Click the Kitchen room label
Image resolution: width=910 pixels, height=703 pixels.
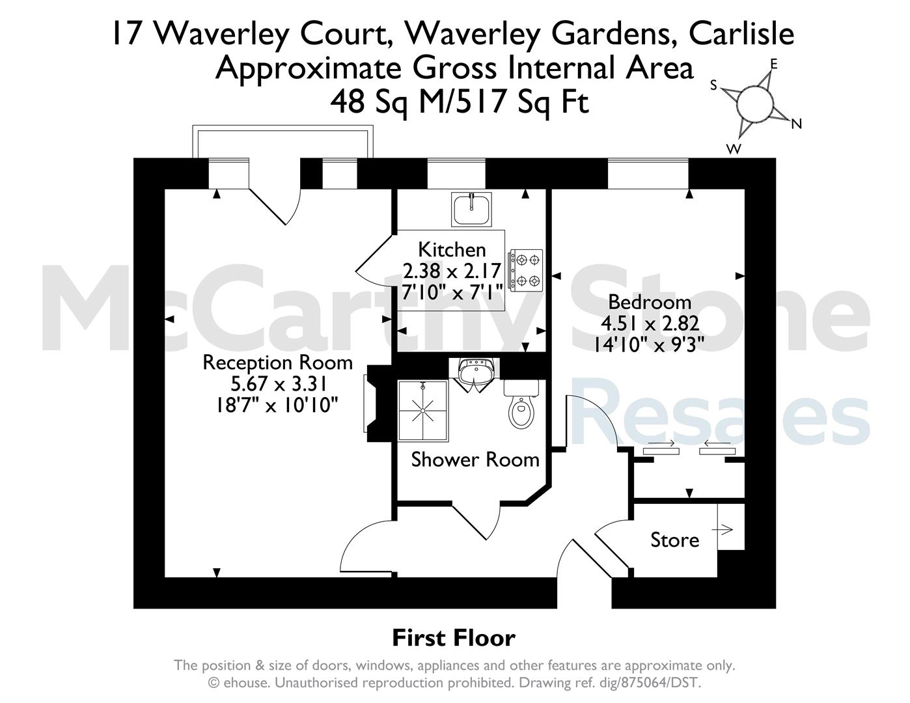point(452,250)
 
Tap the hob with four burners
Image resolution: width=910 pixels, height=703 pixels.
point(526,270)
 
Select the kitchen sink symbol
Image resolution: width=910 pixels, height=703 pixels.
point(471,209)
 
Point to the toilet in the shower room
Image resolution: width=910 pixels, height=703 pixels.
point(521,404)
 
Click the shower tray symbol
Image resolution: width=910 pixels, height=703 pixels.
point(423,411)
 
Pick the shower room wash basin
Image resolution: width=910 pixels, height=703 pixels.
point(474,374)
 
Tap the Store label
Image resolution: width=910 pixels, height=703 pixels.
point(674,540)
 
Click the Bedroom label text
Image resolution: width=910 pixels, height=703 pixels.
point(650,302)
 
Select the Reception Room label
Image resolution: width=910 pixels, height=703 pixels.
point(278,363)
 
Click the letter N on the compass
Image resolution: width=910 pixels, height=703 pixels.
point(796,124)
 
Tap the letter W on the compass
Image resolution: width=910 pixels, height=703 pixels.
point(734,148)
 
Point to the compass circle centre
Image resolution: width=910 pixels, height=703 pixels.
point(754,103)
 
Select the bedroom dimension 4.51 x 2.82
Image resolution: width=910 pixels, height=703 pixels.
point(650,324)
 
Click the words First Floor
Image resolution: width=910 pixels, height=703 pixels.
point(454,638)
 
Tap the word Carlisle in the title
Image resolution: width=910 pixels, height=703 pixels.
point(741,33)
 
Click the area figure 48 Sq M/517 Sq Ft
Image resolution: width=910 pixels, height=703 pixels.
point(460,103)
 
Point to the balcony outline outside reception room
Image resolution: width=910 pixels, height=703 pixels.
point(283,128)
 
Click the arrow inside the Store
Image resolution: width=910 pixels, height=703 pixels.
point(723,530)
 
